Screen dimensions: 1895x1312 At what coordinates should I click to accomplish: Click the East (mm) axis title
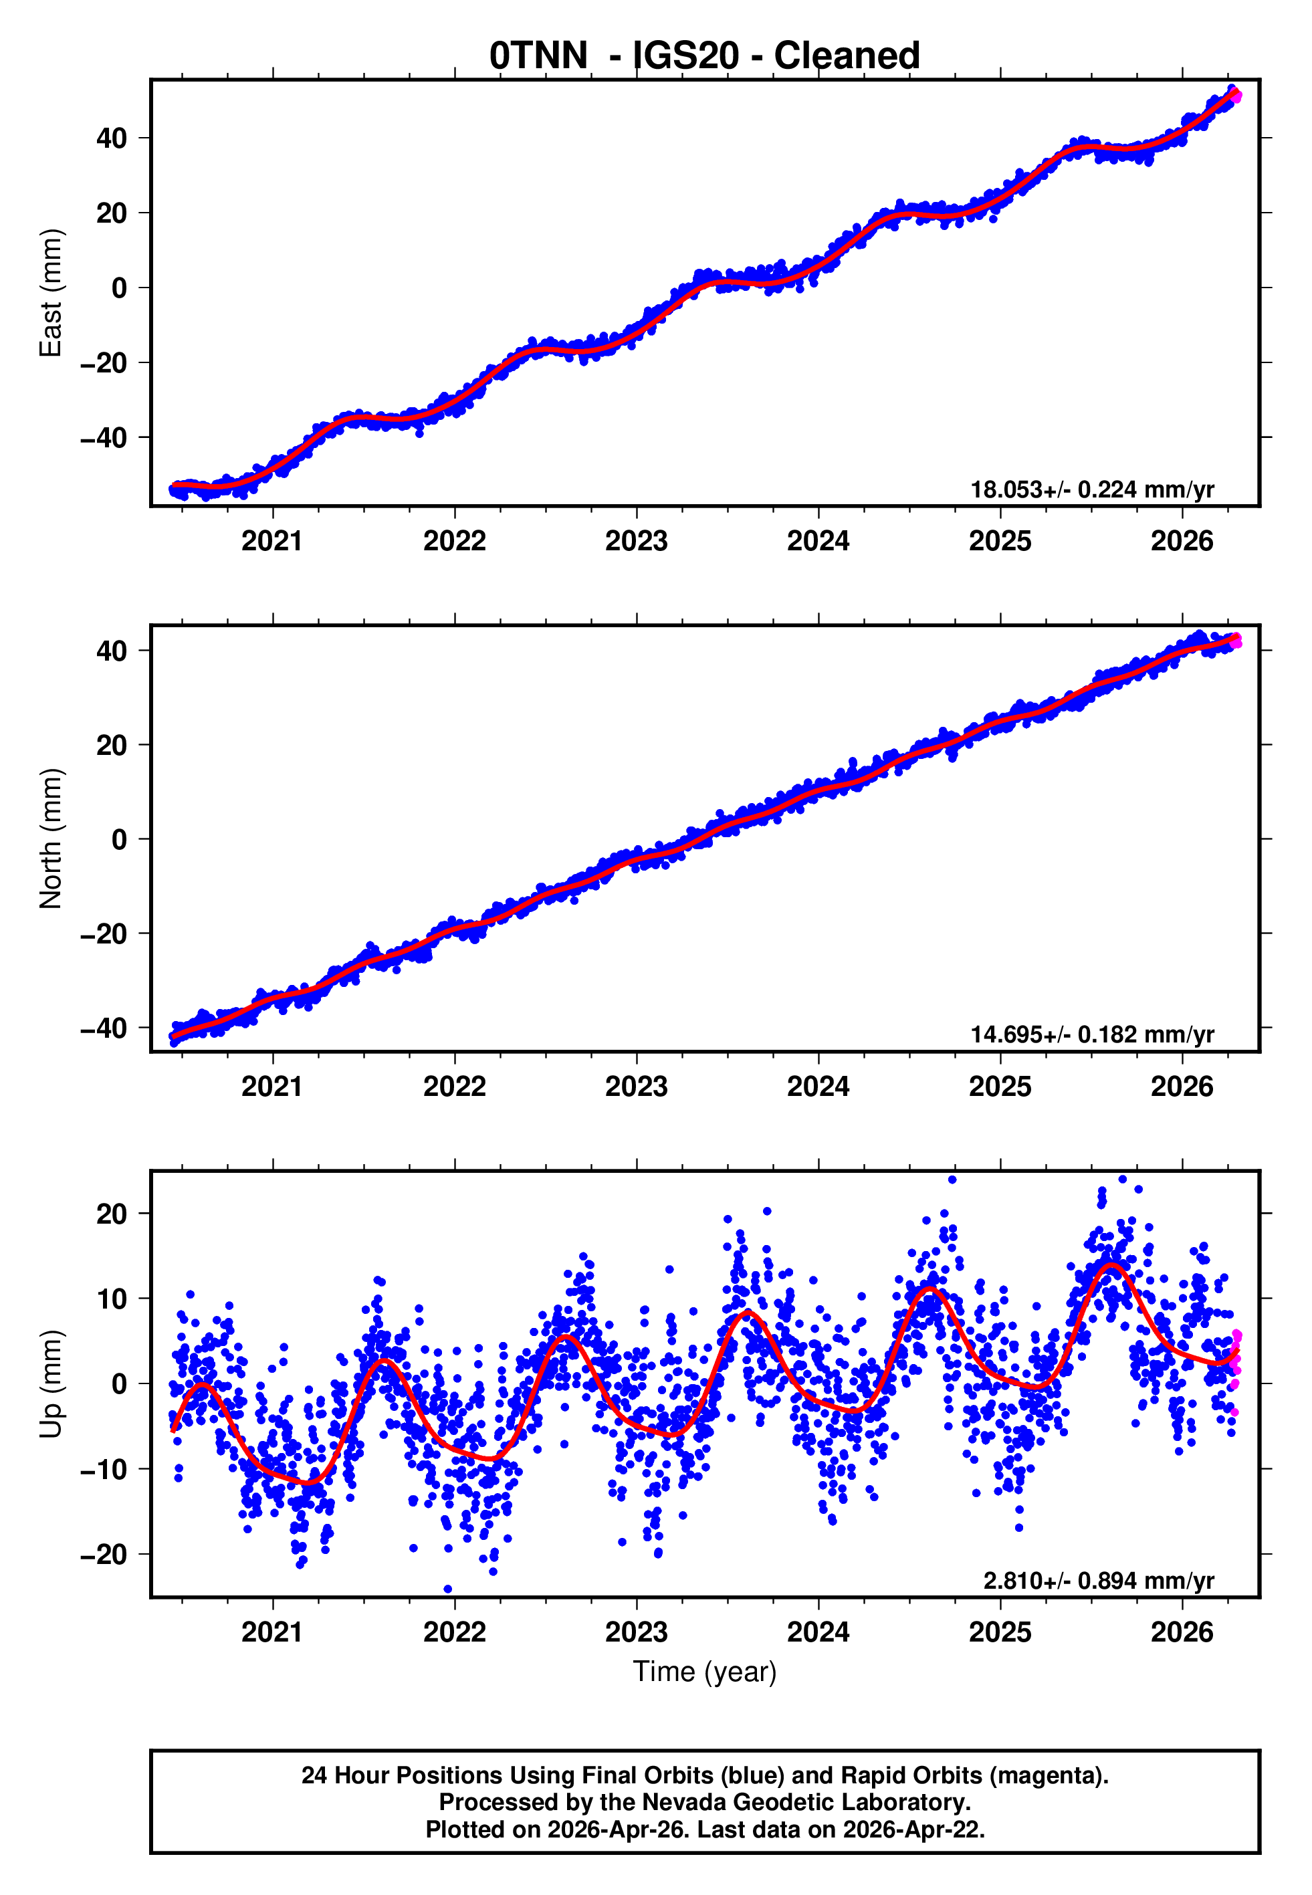pyautogui.click(x=51, y=293)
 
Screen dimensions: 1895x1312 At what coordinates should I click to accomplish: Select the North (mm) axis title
pyautogui.click(x=51, y=839)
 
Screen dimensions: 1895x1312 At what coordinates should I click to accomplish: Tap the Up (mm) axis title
pyautogui.click(x=51, y=1384)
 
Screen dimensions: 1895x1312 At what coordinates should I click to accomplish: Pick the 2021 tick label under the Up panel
pyautogui.click(x=272, y=1632)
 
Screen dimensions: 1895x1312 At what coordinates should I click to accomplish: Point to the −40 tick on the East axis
pyautogui.click(x=104, y=438)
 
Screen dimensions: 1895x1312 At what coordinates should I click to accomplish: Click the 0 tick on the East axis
pyautogui.click(x=120, y=288)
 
